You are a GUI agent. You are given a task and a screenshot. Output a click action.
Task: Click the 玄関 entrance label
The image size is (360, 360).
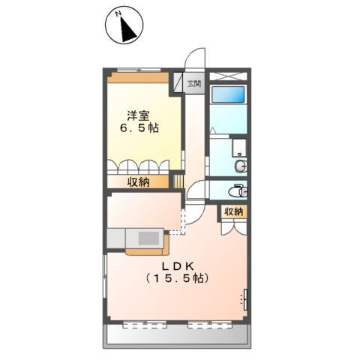click(195, 83)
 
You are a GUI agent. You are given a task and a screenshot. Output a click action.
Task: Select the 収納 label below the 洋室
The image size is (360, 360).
click(137, 181)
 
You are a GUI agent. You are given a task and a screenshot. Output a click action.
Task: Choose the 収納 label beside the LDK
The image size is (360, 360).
click(233, 211)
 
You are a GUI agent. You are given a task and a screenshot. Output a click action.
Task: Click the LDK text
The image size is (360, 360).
click(176, 266)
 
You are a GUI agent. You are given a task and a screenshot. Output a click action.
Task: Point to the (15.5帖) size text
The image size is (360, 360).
click(177, 279)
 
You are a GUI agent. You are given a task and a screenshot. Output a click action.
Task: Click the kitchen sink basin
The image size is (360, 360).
click(147, 238)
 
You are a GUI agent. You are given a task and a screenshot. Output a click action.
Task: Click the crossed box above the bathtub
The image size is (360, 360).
click(228, 76)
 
